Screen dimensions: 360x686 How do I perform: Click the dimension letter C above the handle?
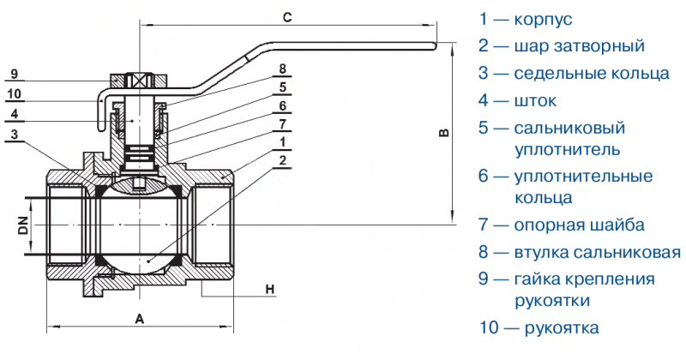pos(287,16)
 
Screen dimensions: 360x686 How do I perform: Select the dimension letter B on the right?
pos(443,134)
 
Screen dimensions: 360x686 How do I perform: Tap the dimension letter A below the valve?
pos(140,318)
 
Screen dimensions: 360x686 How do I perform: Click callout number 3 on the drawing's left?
pos(15,135)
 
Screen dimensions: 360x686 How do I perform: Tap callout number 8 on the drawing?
pos(281,69)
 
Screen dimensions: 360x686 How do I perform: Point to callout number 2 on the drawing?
pos(282,159)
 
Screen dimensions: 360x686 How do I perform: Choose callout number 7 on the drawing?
pos(282,123)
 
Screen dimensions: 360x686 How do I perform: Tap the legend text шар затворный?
pos(580,45)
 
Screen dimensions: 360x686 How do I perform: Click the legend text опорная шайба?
pos(580,225)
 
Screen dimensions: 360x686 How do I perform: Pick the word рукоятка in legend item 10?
pos(562,328)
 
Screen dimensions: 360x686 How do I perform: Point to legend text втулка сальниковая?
pos(598,253)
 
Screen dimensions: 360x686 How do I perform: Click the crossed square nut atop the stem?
pos(138,80)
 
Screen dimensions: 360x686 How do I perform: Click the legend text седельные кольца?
pos(592,74)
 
